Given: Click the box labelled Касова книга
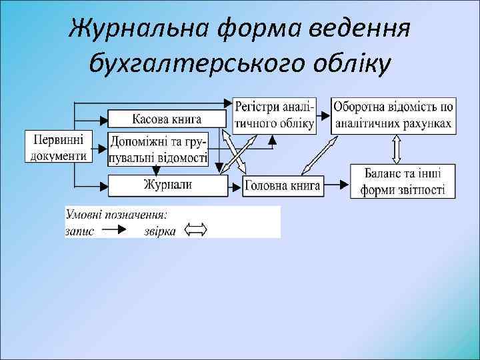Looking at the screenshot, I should pos(166,119).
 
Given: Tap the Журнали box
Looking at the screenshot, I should pos(167,185).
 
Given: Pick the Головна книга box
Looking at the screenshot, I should pos(283,186).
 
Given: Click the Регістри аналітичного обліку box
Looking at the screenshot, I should pos(274,115).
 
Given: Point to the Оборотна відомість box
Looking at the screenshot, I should pos(393,115).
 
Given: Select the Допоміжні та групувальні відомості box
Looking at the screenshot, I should pos(159,149).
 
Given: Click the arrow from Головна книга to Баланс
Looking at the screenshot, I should pos(337,184).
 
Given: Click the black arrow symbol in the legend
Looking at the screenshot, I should pos(118,231).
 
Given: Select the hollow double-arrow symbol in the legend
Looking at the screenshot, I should pos(195,231).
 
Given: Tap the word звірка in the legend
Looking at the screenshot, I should pos(160,231).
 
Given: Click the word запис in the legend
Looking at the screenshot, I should pos(79,231).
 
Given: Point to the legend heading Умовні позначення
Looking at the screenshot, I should pos(116,215).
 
